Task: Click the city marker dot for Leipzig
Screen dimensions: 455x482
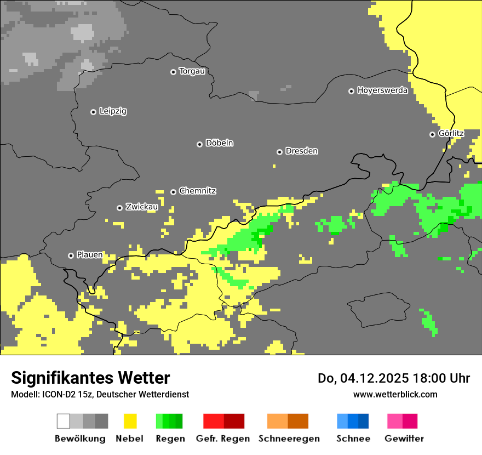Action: (93, 112)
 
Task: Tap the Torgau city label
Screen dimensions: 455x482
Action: (192, 71)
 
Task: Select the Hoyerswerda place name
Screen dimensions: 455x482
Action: (382, 90)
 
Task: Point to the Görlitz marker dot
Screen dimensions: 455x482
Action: (432, 134)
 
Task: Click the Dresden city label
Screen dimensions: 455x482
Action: (301, 151)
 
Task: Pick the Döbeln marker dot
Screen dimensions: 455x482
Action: (199, 144)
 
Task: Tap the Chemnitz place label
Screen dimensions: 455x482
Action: (197, 191)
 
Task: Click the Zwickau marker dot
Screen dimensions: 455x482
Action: (119, 208)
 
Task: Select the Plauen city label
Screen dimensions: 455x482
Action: (89, 255)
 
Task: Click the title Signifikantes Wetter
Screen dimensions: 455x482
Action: (90, 378)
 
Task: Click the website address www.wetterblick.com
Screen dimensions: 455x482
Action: (395, 394)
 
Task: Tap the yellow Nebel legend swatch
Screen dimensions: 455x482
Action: (130, 421)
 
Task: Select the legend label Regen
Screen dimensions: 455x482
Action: (170, 439)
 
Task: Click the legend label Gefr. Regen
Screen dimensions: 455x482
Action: (222, 439)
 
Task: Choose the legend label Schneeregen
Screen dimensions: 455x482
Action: (289, 439)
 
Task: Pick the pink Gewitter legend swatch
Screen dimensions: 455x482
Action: (394, 421)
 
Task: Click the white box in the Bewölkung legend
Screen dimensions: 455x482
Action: (64, 421)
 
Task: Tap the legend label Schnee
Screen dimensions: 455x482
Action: (353, 439)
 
